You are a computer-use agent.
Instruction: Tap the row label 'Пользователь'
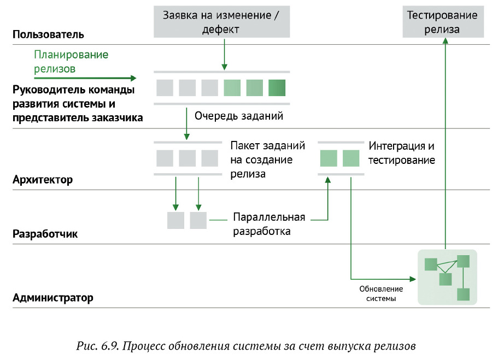coord(48,34)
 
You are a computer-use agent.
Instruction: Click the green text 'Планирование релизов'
coord(71,62)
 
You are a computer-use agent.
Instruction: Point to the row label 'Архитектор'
coord(43,180)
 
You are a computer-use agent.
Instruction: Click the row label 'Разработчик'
coord(45,234)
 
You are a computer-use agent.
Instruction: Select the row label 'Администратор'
coord(52,298)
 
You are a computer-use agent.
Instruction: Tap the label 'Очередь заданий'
coord(239,116)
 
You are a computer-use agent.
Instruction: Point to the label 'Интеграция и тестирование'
coord(402,154)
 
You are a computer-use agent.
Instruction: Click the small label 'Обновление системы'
coord(381,294)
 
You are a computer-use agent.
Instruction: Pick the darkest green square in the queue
coord(277,87)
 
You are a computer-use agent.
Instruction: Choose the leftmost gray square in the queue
coord(165,87)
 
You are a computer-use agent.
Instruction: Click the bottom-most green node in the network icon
coord(464,294)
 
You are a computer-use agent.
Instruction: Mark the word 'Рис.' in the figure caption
coord(86,346)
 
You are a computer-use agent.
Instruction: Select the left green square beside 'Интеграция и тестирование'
coord(328,158)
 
